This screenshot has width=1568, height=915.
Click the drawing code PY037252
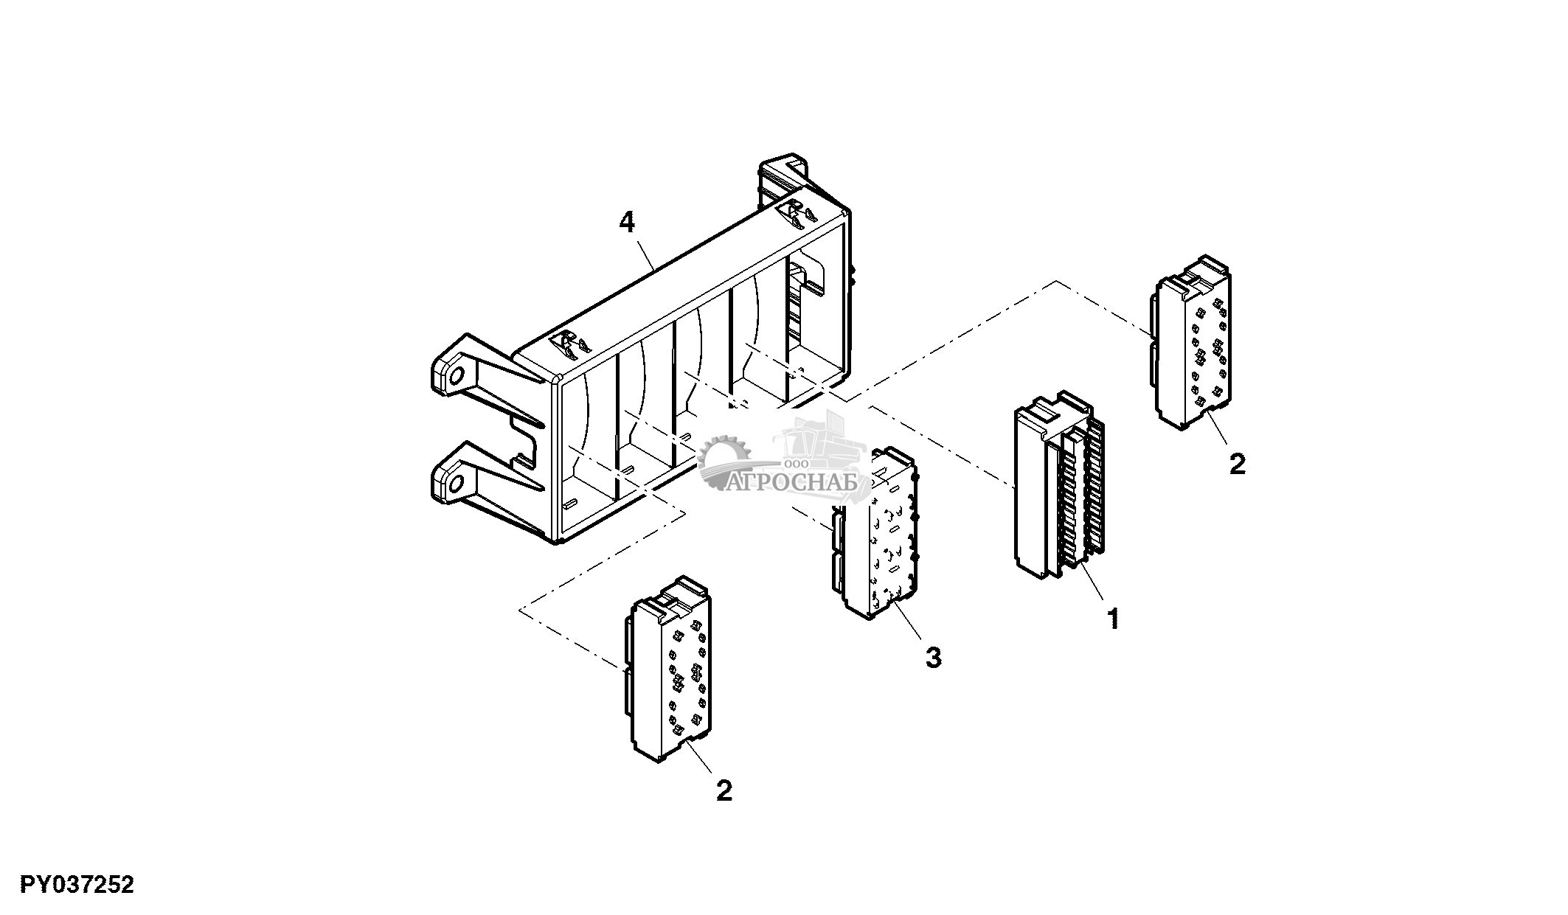coord(77,884)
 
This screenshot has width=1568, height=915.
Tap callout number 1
coord(1113,619)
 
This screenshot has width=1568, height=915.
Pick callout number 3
coord(933,657)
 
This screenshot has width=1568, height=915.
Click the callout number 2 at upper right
coord(1237,464)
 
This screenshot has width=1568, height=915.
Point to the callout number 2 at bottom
coord(724,791)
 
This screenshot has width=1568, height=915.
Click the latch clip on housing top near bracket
coord(570,344)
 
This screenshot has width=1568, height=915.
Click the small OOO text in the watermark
coord(799,463)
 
